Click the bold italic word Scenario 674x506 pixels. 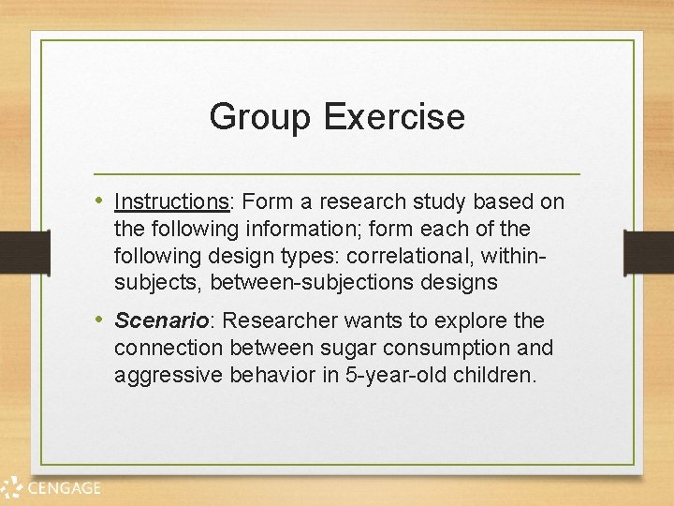coord(161,320)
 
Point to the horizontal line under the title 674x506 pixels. coord(337,174)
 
